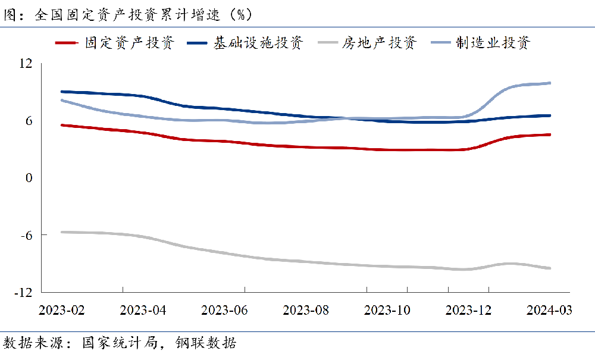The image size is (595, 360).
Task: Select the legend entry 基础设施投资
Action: click(259, 43)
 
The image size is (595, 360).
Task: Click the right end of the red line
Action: click(550, 134)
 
